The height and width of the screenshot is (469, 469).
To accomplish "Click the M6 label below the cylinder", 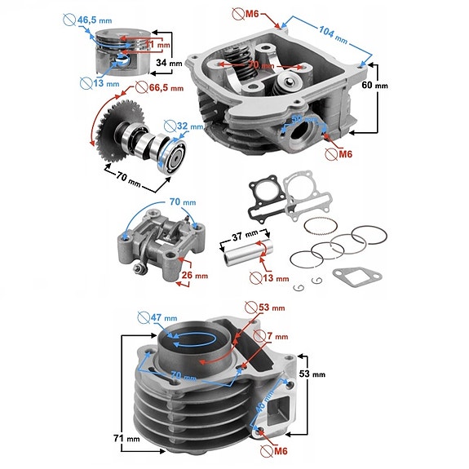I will tap(278, 449).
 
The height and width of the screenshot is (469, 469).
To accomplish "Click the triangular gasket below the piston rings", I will tap(352, 277).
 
